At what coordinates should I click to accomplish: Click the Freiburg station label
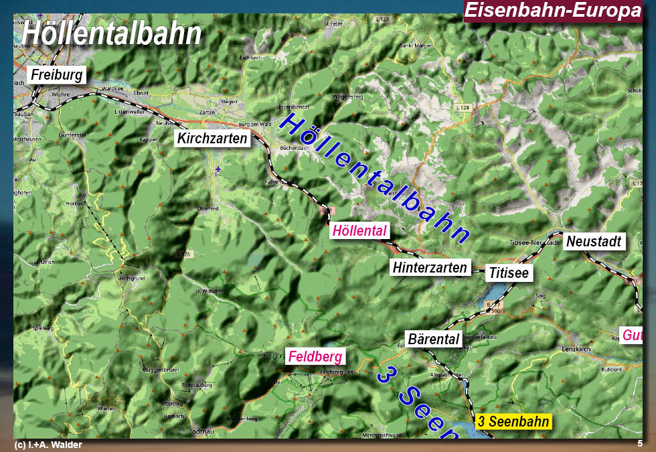coord(56,74)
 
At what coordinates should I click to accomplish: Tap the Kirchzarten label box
coord(212,139)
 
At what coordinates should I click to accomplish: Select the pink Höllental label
coord(359,231)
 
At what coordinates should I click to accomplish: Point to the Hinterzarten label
coord(430,268)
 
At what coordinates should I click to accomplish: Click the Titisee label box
coord(509,273)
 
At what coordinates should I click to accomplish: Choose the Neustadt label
coord(594,241)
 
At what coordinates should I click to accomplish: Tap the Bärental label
coord(434,339)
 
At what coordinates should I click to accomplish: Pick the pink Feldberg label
coord(314,357)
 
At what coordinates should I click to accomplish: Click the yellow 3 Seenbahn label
coord(513,422)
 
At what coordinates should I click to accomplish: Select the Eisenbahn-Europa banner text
coord(552,11)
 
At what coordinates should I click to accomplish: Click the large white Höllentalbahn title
coord(112,33)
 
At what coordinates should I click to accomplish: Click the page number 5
coord(640,443)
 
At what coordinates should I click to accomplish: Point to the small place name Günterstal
coord(74,135)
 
